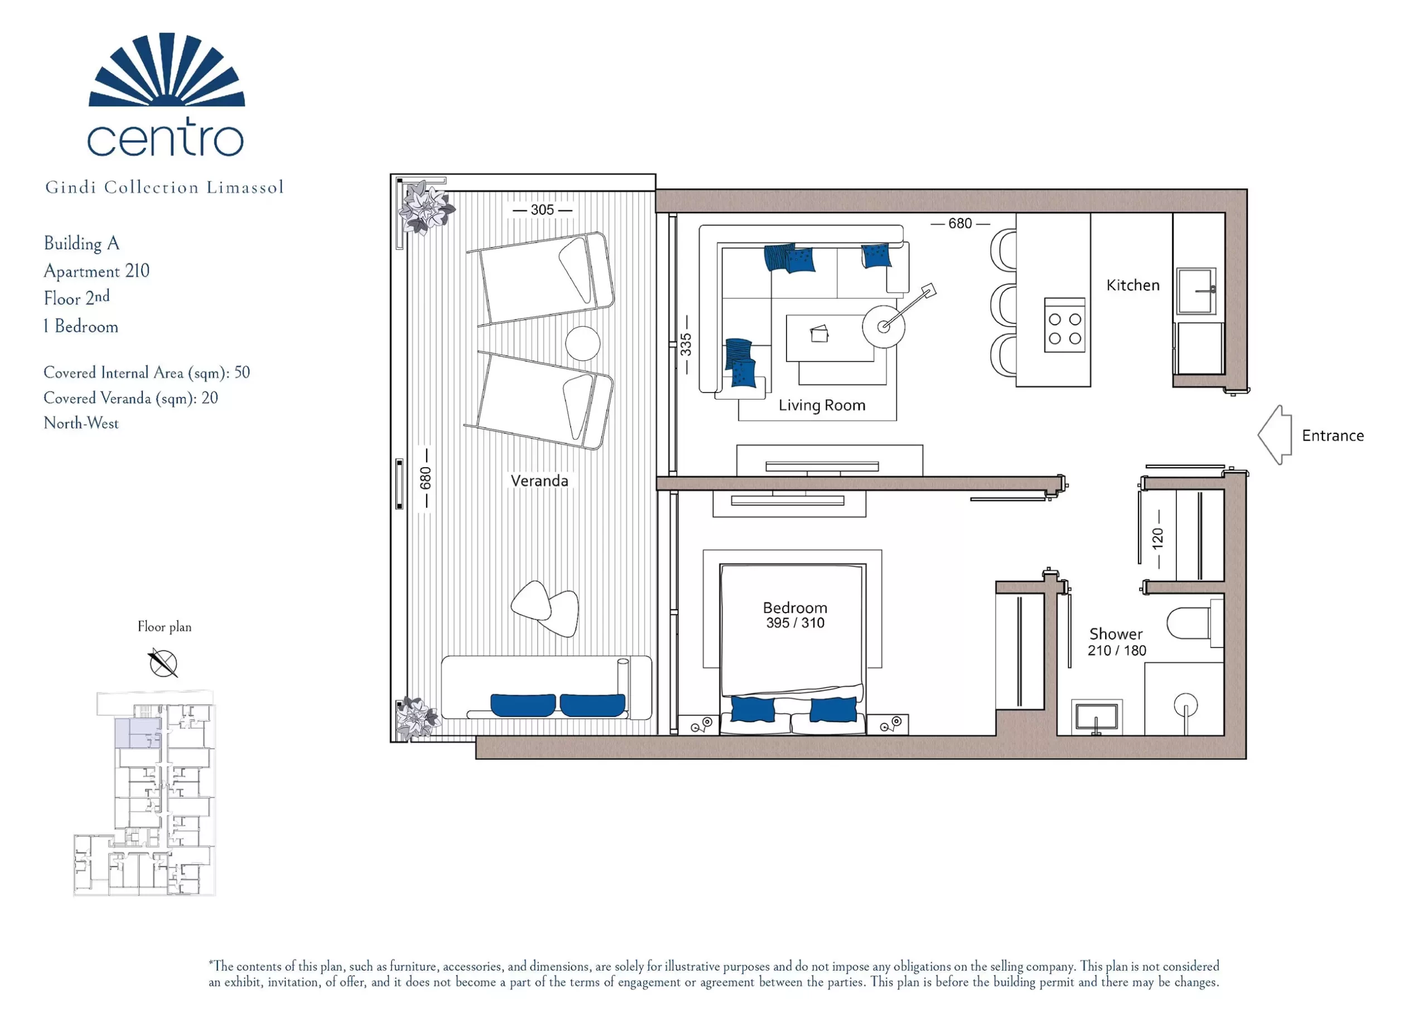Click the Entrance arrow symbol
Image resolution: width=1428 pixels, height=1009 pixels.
click(x=1275, y=435)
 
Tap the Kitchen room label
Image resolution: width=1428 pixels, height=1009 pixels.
click(x=1132, y=285)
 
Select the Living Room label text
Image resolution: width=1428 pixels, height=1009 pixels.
click(x=822, y=405)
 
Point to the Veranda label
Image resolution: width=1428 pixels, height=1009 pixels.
click(x=539, y=481)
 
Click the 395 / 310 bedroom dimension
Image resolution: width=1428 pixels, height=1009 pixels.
click(x=795, y=623)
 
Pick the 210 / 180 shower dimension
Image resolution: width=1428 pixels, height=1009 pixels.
click(x=1116, y=651)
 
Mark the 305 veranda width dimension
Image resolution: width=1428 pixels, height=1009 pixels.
click(x=542, y=210)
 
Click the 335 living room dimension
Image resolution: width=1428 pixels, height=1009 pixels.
click(x=686, y=345)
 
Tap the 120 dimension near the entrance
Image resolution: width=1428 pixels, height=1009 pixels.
click(x=1157, y=539)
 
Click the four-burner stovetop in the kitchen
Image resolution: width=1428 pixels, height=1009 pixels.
click(x=1065, y=325)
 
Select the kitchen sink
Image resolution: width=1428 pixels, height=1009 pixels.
click(x=1197, y=291)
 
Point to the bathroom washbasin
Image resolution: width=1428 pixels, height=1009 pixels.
click(x=1096, y=717)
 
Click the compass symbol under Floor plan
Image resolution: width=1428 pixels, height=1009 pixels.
click(x=163, y=663)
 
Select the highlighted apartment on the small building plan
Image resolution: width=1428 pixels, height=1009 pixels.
click(x=138, y=733)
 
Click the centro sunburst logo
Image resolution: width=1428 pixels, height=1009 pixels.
click(x=167, y=70)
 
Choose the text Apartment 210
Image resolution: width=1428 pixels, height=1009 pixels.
click(x=97, y=271)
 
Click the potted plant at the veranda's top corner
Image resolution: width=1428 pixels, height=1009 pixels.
click(x=426, y=207)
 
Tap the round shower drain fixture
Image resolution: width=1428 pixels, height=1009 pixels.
click(x=1186, y=706)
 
